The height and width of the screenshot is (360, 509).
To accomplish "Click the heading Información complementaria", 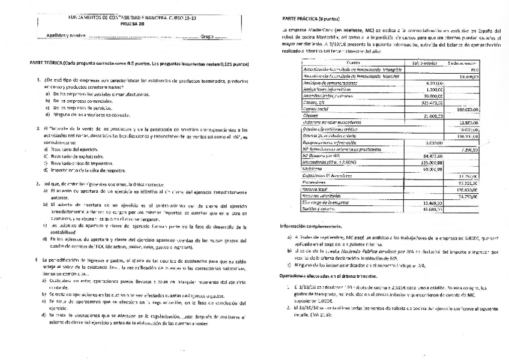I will coord(313,226).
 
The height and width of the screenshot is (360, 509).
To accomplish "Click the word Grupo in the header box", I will coord(208,36).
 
